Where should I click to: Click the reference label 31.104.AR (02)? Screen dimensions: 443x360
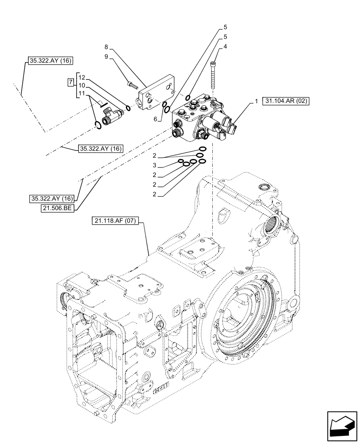[x=286, y=101]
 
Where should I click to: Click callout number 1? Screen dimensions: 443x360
[x=256, y=101]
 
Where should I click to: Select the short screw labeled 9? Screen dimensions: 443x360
[x=132, y=84]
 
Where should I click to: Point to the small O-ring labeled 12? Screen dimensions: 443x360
[x=128, y=107]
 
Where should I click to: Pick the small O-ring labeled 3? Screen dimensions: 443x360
[x=181, y=162]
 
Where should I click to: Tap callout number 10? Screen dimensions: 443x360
[x=82, y=85]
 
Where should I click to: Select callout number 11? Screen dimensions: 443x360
[x=82, y=93]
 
